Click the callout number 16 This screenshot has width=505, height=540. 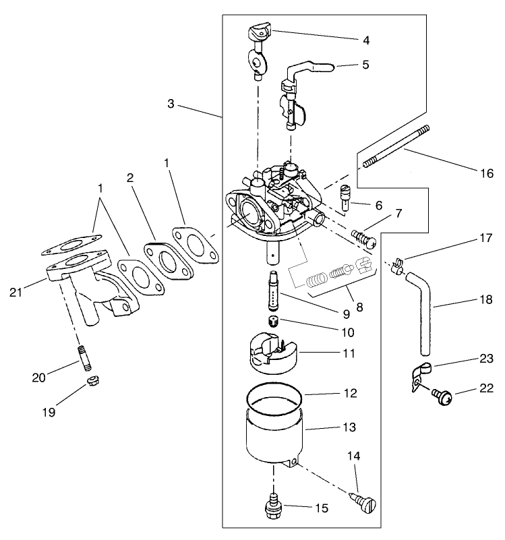point(486,173)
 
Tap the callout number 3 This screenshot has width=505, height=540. point(171,104)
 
